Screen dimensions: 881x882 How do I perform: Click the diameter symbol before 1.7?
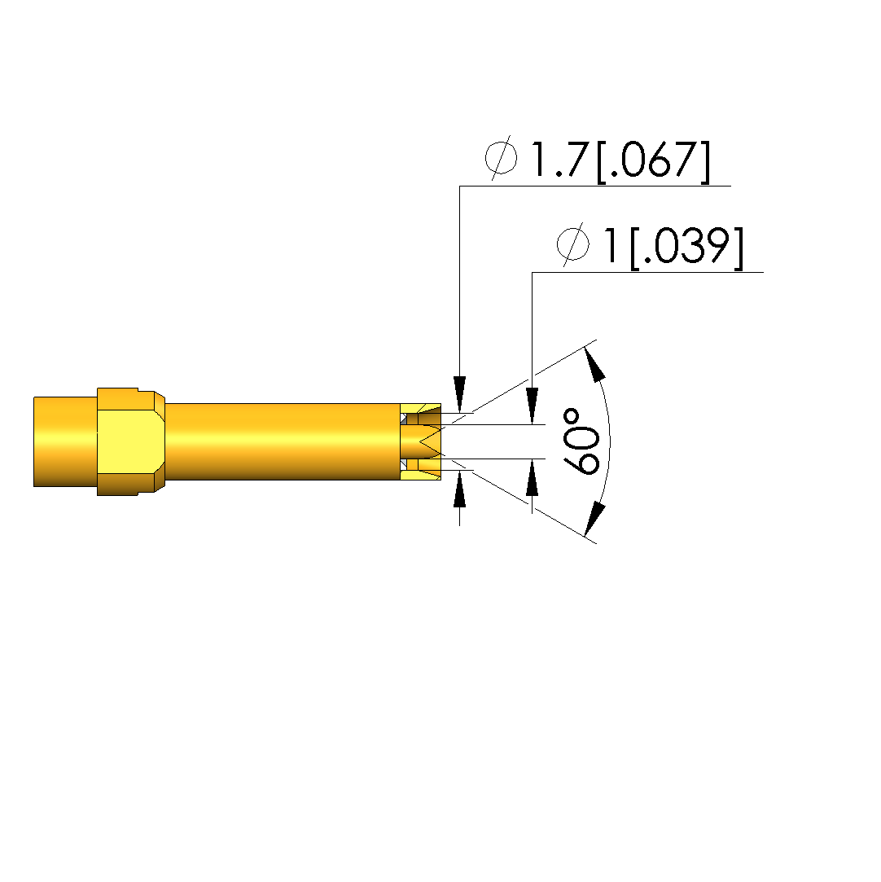[501, 158]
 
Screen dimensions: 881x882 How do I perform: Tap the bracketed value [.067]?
[653, 161]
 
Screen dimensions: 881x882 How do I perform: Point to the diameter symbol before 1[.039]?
[573, 244]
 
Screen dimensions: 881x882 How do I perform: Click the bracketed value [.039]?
[686, 248]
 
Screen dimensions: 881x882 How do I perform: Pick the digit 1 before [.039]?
[611, 246]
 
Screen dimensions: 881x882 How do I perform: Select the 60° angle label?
[581, 441]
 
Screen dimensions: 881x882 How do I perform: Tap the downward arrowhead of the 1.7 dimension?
[460, 394]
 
